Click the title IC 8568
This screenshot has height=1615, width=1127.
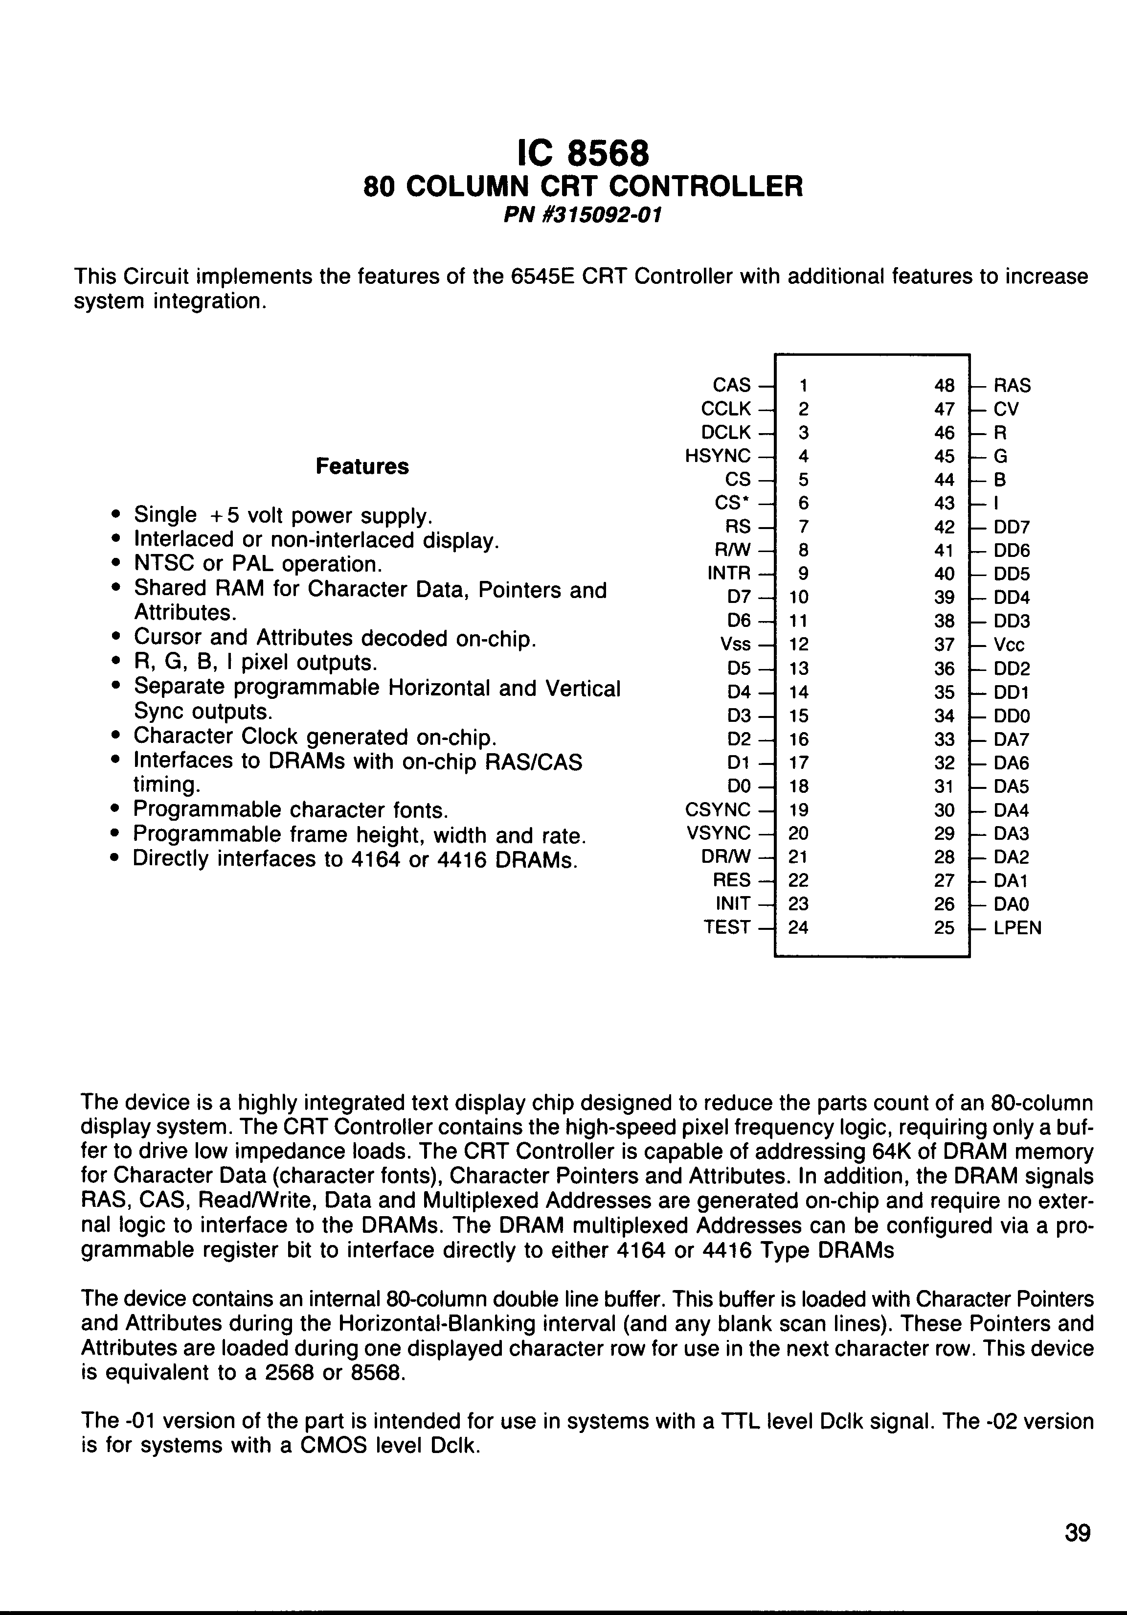click(583, 153)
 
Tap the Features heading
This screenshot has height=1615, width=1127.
click(362, 466)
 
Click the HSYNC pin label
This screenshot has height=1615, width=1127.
click(718, 456)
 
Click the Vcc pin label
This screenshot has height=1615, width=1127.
click(1009, 645)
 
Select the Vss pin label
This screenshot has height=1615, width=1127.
click(735, 645)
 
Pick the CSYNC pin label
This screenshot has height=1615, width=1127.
click(718, 809)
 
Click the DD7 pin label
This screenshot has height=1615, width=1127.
click(1012, 527)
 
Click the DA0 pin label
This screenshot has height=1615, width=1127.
click(1011, 904)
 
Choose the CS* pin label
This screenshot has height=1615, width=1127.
click(736, 503)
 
